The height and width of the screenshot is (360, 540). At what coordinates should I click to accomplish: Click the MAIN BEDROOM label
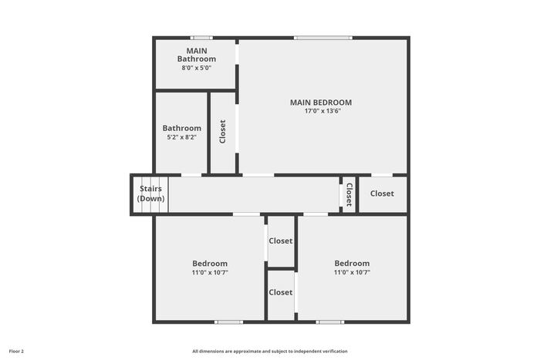(321, 103)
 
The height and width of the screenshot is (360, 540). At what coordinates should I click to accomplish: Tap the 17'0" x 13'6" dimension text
(322, 111)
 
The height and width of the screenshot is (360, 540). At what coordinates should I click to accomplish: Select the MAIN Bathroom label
(197, 55)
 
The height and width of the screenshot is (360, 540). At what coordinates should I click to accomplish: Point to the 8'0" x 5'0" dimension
(196, 68)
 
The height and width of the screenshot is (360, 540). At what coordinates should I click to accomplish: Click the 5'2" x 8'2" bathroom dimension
(182, 137)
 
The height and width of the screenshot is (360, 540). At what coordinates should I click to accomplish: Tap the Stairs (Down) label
(151, 193)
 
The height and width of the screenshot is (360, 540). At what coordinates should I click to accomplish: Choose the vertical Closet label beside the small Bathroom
(222, 132)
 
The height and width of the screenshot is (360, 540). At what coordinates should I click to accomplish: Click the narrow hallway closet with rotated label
(349, 195)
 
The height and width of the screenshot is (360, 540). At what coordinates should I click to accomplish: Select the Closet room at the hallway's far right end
(383, 195)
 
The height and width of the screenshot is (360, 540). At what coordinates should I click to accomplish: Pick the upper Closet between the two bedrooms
(281, 241)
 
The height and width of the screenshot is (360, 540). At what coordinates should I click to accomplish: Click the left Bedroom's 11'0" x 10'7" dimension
(210, 273)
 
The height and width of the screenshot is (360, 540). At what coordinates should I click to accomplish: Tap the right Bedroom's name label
(352, 264)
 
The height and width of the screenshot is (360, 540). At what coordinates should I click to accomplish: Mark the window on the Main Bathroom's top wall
(201, 38)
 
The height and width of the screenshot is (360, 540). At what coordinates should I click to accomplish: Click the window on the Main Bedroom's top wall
(323, 38)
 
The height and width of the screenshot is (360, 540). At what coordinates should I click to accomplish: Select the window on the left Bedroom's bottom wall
(228, 322)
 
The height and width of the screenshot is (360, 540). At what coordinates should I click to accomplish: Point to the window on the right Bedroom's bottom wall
(330, 322)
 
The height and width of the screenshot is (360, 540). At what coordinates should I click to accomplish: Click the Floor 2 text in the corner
(16, 352)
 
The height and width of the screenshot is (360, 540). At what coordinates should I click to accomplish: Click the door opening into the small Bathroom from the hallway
(191, 175)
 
